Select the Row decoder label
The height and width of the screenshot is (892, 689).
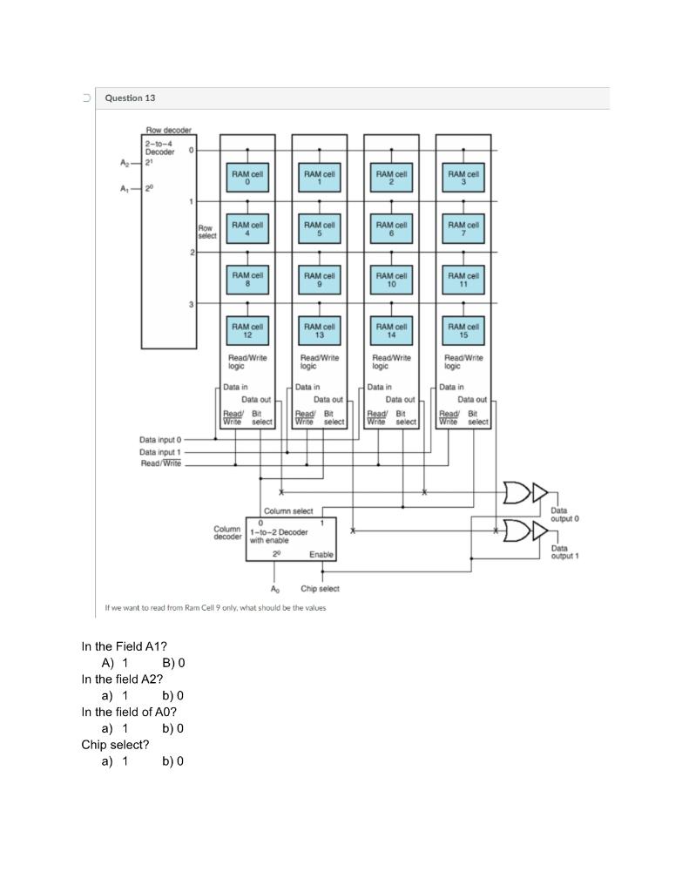[167, 131]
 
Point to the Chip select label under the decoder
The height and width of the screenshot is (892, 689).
[320, 589]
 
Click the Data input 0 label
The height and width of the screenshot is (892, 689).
[159, 440]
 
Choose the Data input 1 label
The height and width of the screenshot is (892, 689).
[159, 452]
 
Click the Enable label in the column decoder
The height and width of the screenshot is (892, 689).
[321, 554]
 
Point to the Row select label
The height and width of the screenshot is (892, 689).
[206, 232]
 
